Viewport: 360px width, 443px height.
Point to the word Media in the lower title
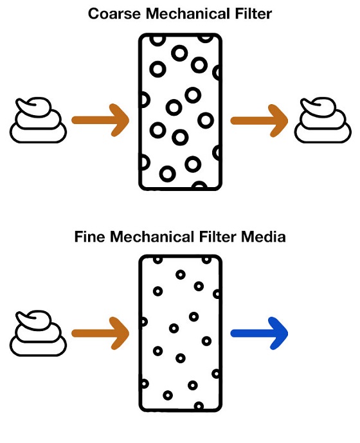click(x=264, y=237)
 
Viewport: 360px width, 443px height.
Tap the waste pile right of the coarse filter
click(x=323, y=120)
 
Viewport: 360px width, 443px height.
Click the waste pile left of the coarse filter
click(x=39, y=120)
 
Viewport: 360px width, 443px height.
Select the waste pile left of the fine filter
click(x=39, y=334)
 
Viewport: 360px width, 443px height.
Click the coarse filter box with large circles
click(x=180, y=112)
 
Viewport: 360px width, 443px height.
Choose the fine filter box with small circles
click(x=180, y=333)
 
